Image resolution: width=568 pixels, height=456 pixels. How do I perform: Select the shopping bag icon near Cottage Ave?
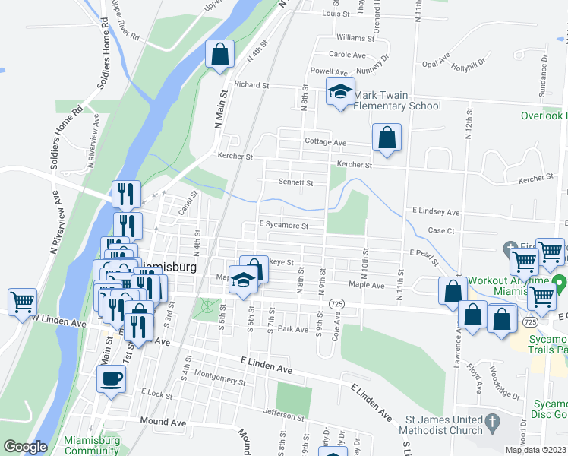[x=387, y=138]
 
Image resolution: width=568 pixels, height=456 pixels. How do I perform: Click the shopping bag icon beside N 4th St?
[x=219, y=54]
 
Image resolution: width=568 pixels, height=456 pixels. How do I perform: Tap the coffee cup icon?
[x=111, y=378]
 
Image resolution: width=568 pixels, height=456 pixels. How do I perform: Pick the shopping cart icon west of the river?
[x=22, y=300]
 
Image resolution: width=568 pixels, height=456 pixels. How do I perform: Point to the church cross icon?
[x=492, y=420]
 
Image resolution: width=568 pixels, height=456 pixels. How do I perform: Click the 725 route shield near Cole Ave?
[x=335, y=303]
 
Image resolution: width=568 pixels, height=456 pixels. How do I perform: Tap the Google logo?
[x=25, y=447]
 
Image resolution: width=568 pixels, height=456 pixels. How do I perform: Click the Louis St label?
[x=334, y=14]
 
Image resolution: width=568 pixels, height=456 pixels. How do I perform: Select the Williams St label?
[x=355, y=37]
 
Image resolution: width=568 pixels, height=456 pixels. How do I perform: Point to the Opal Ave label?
[x=436, y=64]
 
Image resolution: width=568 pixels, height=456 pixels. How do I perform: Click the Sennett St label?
[x=296, y=182]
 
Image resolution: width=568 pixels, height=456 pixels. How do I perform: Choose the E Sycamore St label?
[x=283, y=225]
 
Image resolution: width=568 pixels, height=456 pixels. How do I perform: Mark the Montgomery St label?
[x=200, y=375]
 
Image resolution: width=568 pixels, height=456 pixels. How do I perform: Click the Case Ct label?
[x=440, y=230]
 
